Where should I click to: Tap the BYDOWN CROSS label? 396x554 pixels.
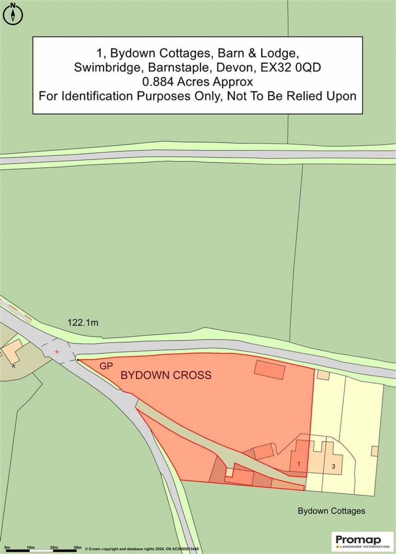tap(166, 375)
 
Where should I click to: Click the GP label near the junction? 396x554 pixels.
tap(106, 366)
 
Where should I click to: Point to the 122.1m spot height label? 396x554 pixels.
tap(83, 322)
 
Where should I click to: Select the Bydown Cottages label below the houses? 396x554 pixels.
tap(331, 511)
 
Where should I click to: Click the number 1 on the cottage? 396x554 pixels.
tap(299, 463)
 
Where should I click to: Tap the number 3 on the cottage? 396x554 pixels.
tap(333, 467)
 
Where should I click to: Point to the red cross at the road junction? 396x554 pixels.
tap(57, 352)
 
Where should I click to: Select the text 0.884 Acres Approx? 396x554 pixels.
tap(197, 82)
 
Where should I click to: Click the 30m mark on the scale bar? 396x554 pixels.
tap(77, 547)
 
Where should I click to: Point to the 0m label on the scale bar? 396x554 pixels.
tap(7, 547)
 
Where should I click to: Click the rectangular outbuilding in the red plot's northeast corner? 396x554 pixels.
tap(270, 369)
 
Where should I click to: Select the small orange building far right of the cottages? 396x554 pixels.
tap(374, 451)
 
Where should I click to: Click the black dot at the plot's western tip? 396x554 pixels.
tap(78, 360)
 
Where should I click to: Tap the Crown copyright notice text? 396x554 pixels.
tap(142, 549)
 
